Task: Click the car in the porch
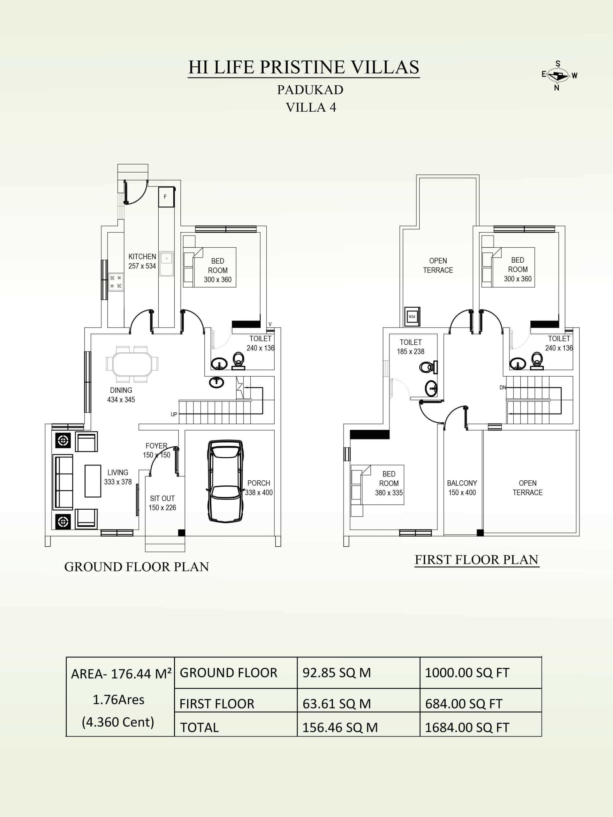226,481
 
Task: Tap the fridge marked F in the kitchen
165,197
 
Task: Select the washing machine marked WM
412,317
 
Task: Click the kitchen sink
166,264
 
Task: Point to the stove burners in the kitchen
116,281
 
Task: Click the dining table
132,364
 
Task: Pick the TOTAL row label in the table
199,728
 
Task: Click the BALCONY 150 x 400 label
462,488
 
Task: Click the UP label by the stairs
174,415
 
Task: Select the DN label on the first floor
503,387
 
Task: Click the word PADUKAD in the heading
310,89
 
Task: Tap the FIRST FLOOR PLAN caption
476,559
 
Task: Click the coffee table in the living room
93,481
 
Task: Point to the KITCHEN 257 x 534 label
142,261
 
